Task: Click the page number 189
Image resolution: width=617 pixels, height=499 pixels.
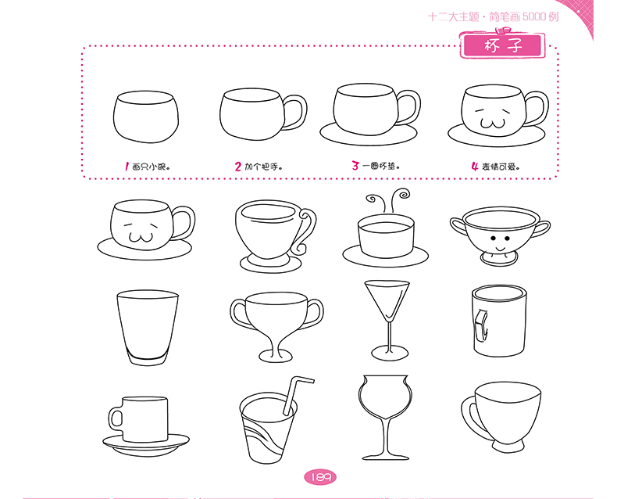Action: tap(320, 477)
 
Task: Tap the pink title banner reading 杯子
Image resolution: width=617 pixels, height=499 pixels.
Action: tap(502, 45)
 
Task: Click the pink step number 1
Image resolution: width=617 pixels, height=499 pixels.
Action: tap(127, 167)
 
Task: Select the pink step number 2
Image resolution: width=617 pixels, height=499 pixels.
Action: tap(237, 167)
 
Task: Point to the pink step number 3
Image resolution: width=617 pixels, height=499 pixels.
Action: tap(355, 166)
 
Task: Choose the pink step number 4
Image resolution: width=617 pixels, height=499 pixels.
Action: tap(475, 167)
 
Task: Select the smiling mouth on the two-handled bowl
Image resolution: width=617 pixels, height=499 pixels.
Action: tap(501, 249)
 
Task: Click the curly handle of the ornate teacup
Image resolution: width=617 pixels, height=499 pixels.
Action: tap(306, 231)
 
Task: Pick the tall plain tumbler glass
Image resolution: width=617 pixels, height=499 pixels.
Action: tap(147, 328)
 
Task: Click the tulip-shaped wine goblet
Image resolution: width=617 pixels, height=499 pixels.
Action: tap(386, 418)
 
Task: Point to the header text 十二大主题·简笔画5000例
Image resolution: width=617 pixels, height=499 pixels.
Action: tap(493, 17)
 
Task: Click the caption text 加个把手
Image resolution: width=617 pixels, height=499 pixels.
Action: tap(263, 167)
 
